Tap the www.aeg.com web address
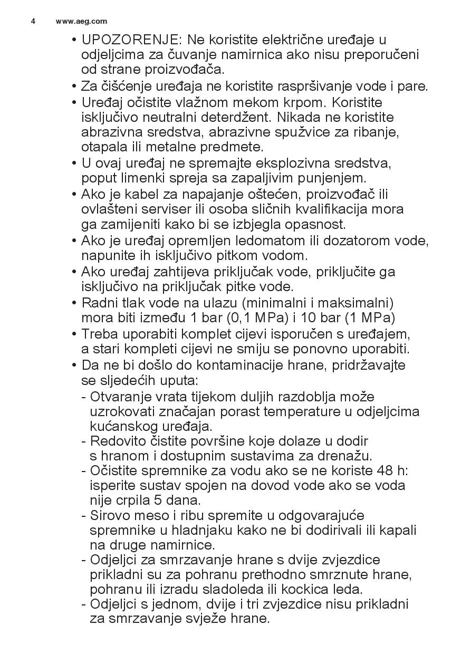81,21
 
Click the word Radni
98,303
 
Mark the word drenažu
346,455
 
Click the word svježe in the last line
191,619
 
